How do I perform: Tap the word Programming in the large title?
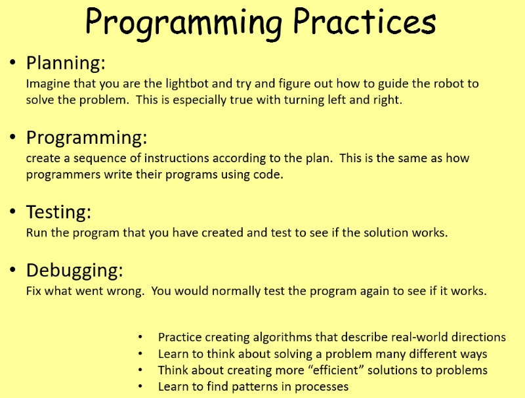tap(184, 24)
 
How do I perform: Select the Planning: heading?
tap(66, 63)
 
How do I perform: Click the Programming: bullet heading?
tap(87, 138)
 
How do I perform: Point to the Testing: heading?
tap(58, 212)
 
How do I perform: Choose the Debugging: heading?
tap(75, 271)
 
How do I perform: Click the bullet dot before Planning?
tap(12, 62)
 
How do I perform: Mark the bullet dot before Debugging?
tap(12, 270)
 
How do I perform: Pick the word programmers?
tap(63, 175)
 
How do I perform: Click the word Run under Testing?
tap(37, 232)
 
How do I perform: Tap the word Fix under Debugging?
tap(33, 290)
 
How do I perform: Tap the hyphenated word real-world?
tap(419, 337)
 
